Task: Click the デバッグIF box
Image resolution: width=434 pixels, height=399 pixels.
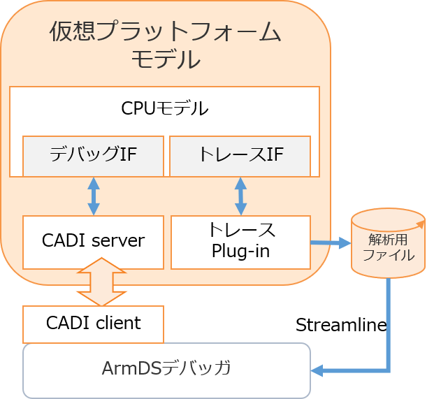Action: click(93, 156)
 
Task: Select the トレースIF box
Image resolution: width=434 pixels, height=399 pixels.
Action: click(240, 156)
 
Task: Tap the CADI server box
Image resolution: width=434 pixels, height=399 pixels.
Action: click(93, 242)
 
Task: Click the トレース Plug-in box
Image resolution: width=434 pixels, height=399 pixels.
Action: click(241, 242)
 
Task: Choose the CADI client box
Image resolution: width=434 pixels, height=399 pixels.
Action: click(93, 324)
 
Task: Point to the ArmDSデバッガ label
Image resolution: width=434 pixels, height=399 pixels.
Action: click(166, 368)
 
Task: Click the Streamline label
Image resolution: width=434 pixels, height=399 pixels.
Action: click(341, 324)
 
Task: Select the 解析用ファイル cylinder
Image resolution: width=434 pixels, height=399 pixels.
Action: click(388, 243)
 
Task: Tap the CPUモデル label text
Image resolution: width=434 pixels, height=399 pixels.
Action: click(164, 108)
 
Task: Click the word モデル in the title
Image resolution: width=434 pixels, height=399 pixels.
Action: click(166, 59)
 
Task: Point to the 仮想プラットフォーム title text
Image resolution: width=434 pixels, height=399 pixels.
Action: click(165, 31)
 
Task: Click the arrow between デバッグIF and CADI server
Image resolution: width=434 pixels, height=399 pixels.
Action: click(94, 196)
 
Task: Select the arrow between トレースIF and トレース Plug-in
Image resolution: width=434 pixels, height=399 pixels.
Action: click(241, 196)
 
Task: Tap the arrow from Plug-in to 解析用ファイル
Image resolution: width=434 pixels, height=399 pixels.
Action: click(331, 243)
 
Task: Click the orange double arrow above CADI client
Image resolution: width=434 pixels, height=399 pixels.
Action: click(101, 282)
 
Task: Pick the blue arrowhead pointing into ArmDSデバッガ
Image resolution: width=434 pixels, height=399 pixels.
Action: click(317, 370)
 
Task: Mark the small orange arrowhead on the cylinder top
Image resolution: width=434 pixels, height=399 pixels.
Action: click(421, 224)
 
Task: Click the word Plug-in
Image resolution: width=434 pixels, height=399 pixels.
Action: click(241, 252)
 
